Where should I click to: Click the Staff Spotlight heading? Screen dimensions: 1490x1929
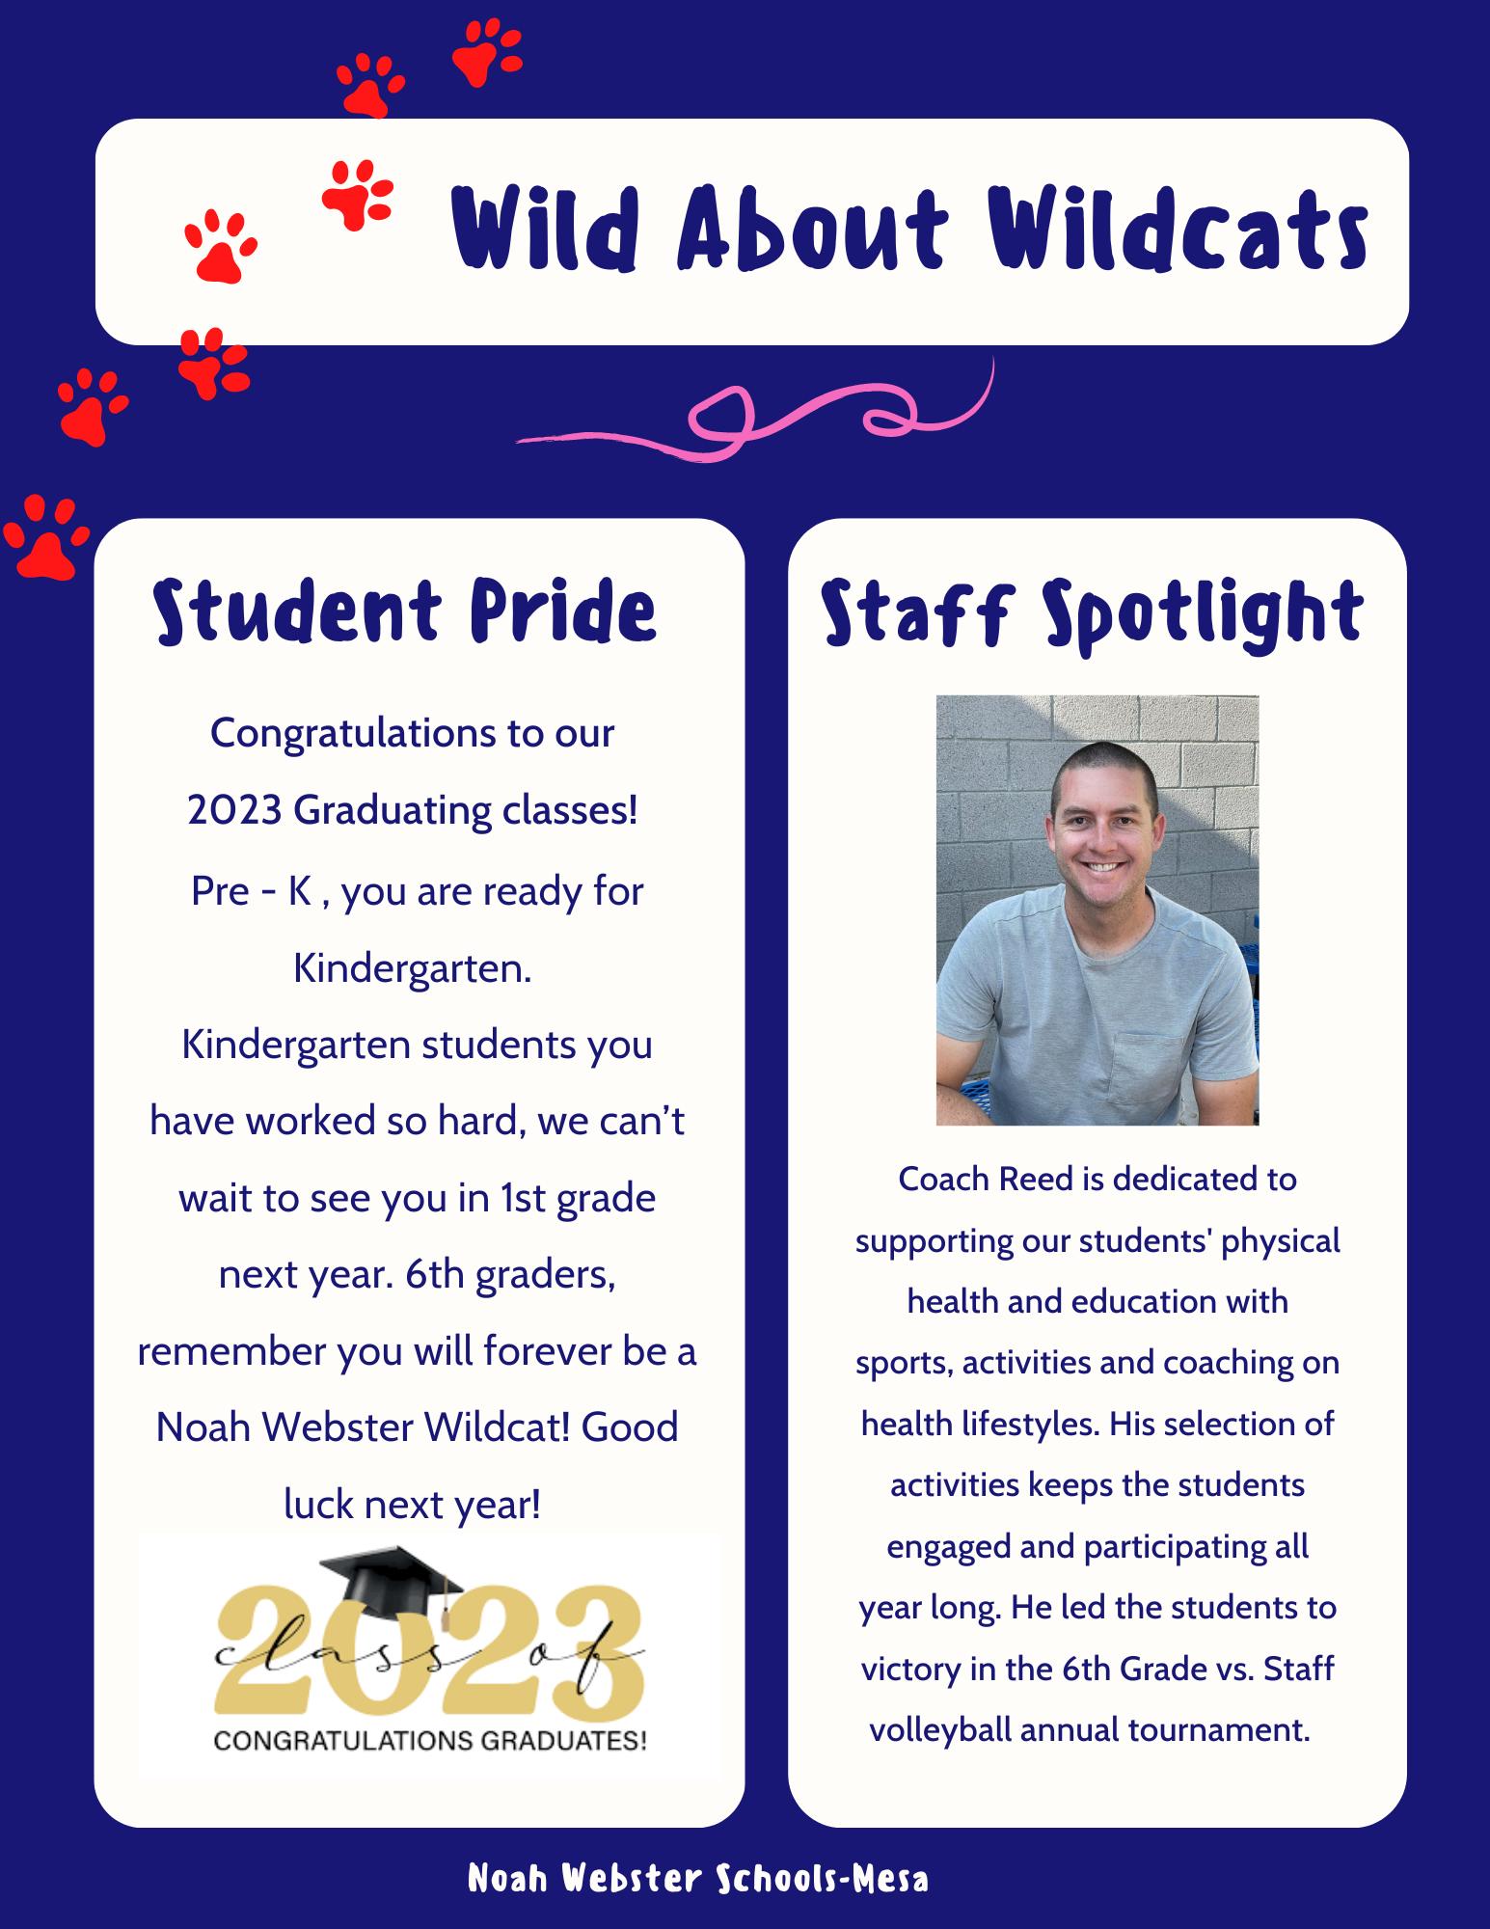click(x=1092, y=613)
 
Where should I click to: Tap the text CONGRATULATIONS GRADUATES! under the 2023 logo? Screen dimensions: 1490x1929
click(x=430, y=1741)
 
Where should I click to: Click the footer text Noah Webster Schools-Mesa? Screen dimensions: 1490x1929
click(x=697, y=1878)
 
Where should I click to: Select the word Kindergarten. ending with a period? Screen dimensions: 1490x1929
click(x=413, y=968)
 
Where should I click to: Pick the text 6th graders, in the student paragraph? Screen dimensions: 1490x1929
click(x=510, y=1275)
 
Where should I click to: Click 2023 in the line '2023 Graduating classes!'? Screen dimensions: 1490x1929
click(x=234, y=810)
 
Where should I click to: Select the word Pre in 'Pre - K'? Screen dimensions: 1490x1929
click(x=220, y=891)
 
